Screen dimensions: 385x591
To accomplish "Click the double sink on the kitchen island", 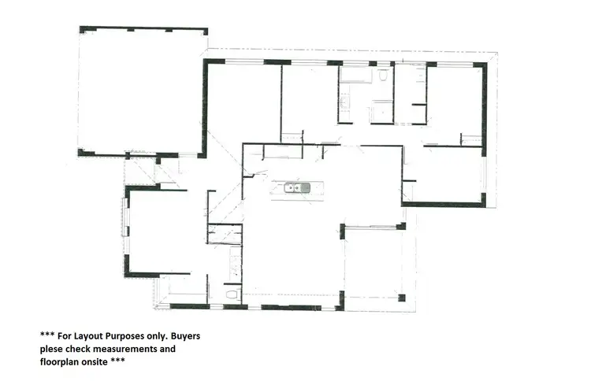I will coord(296,187).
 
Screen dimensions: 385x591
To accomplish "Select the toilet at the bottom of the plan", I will coord(232,294).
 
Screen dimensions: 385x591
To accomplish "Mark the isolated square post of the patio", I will coord(401,298).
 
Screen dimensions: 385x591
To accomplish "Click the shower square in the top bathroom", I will coord(382,112).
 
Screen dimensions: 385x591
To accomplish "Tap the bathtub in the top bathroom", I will coord(356,76).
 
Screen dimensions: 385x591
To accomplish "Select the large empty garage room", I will coord(142,91).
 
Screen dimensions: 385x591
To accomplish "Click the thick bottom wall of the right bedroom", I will coord(441,205).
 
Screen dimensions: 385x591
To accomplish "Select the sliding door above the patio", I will coord(372,228).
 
